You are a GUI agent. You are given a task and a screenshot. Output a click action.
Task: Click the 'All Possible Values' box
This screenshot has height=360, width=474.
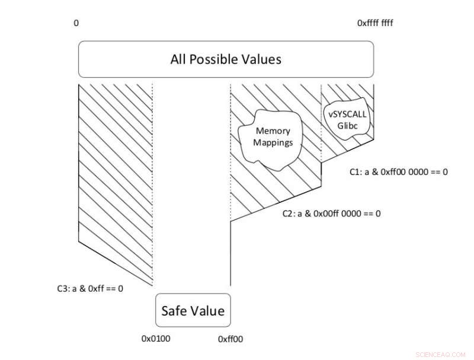226,59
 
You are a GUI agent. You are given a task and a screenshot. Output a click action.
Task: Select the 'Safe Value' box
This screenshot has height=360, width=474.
193,310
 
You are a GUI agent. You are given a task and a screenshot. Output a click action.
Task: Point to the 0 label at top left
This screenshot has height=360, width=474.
76,23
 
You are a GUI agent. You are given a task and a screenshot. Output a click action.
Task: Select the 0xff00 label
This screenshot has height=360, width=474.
230,339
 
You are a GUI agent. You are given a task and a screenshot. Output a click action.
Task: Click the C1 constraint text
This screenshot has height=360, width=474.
399,173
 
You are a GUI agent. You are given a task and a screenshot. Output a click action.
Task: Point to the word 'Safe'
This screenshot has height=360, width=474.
174,310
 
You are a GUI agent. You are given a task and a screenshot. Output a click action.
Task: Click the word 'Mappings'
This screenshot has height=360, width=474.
274,142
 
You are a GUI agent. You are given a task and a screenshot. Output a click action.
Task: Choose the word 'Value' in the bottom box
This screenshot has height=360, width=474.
207,310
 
